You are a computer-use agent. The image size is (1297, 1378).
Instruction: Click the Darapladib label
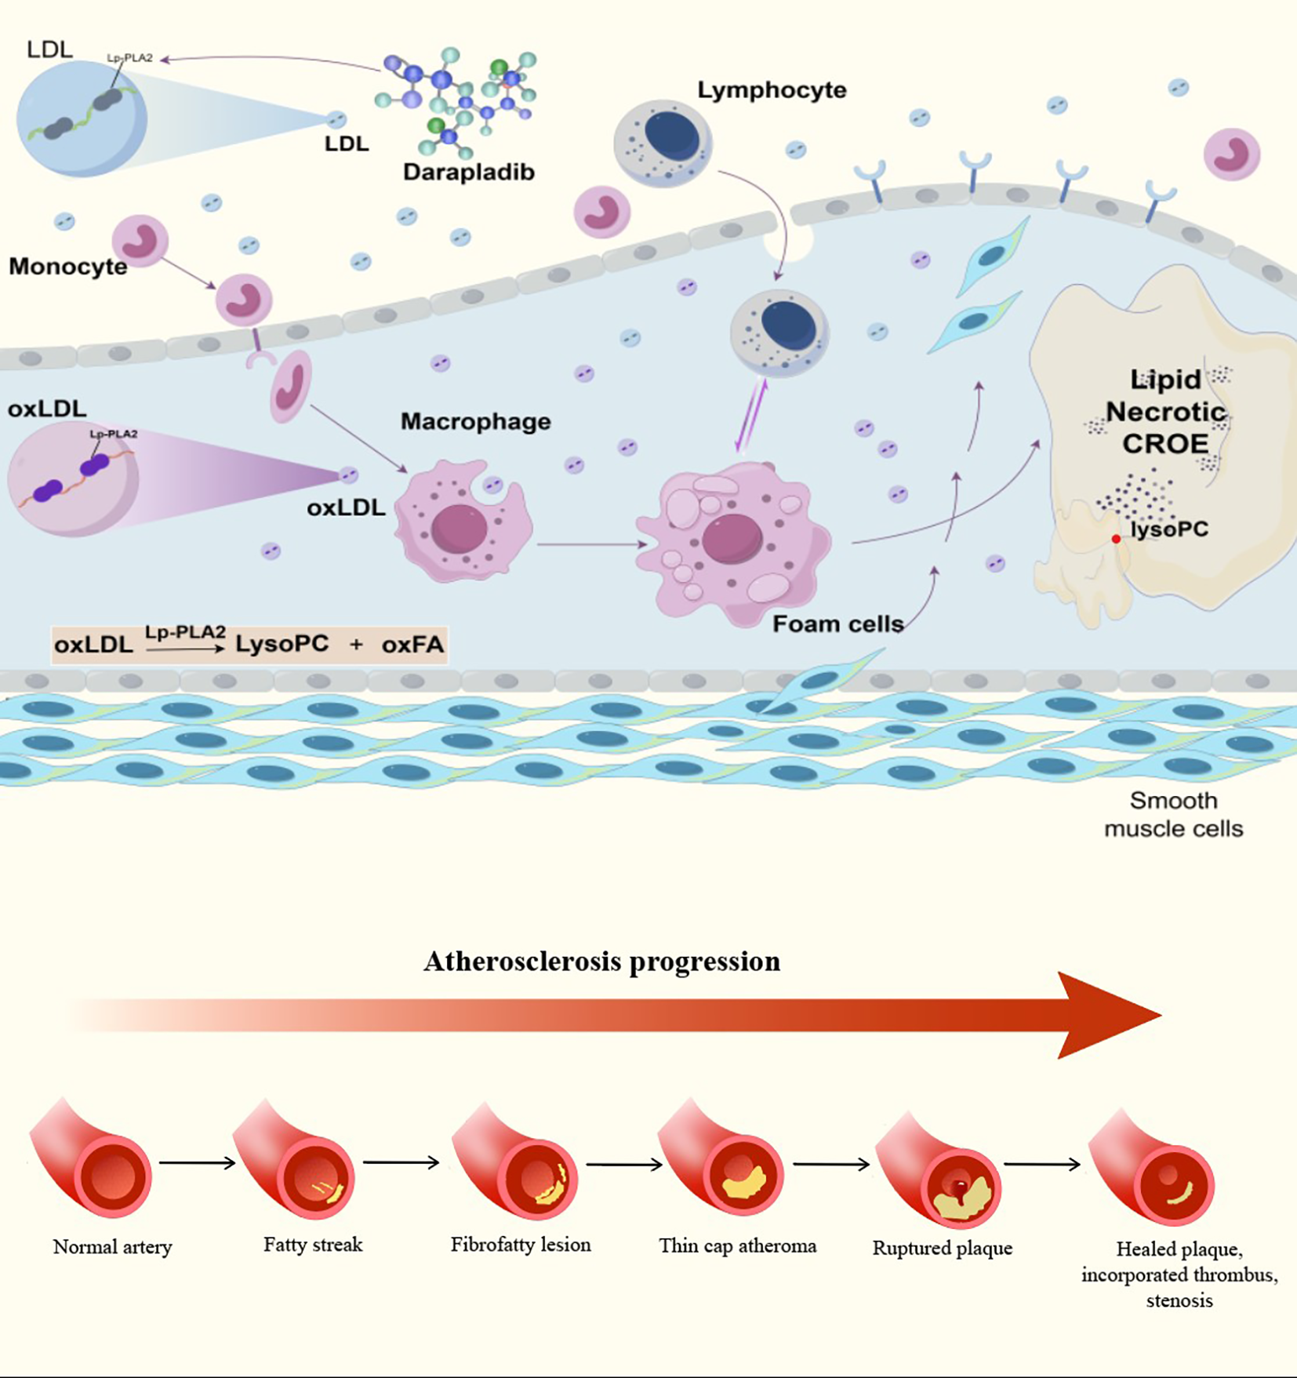tap(468, 172)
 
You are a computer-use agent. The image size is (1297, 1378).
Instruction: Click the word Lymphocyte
tap(772, 90)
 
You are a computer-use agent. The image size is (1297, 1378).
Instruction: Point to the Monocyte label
tap(67, 267)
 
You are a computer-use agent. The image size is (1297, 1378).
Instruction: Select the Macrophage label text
tap(475, 422)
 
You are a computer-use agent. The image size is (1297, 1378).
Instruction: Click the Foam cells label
tap(837, 624)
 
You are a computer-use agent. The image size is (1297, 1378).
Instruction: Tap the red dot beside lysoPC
tap(1116, 539)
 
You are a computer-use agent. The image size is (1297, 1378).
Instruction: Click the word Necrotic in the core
tap(1165, 412)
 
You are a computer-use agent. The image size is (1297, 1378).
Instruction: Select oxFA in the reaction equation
tap(412, 645)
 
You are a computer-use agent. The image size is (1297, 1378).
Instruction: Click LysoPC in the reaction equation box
tap(282, 645)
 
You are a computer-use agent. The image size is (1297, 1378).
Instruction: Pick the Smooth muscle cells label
tap(1173, 815)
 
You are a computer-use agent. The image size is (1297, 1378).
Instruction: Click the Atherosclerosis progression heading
tap(601, 962)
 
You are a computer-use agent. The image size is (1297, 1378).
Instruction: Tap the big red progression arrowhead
tap(1106, 1015)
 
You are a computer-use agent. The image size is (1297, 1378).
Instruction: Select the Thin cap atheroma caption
tap(737, 1246)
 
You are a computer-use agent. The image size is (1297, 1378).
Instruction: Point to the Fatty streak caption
tap(313, 1245)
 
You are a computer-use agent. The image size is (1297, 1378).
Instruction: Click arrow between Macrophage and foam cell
tap(592, 544)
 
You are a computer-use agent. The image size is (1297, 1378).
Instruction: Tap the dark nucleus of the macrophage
tap(459, 528)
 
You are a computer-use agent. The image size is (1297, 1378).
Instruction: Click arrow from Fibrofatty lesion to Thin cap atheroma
tap(624, 1165)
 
